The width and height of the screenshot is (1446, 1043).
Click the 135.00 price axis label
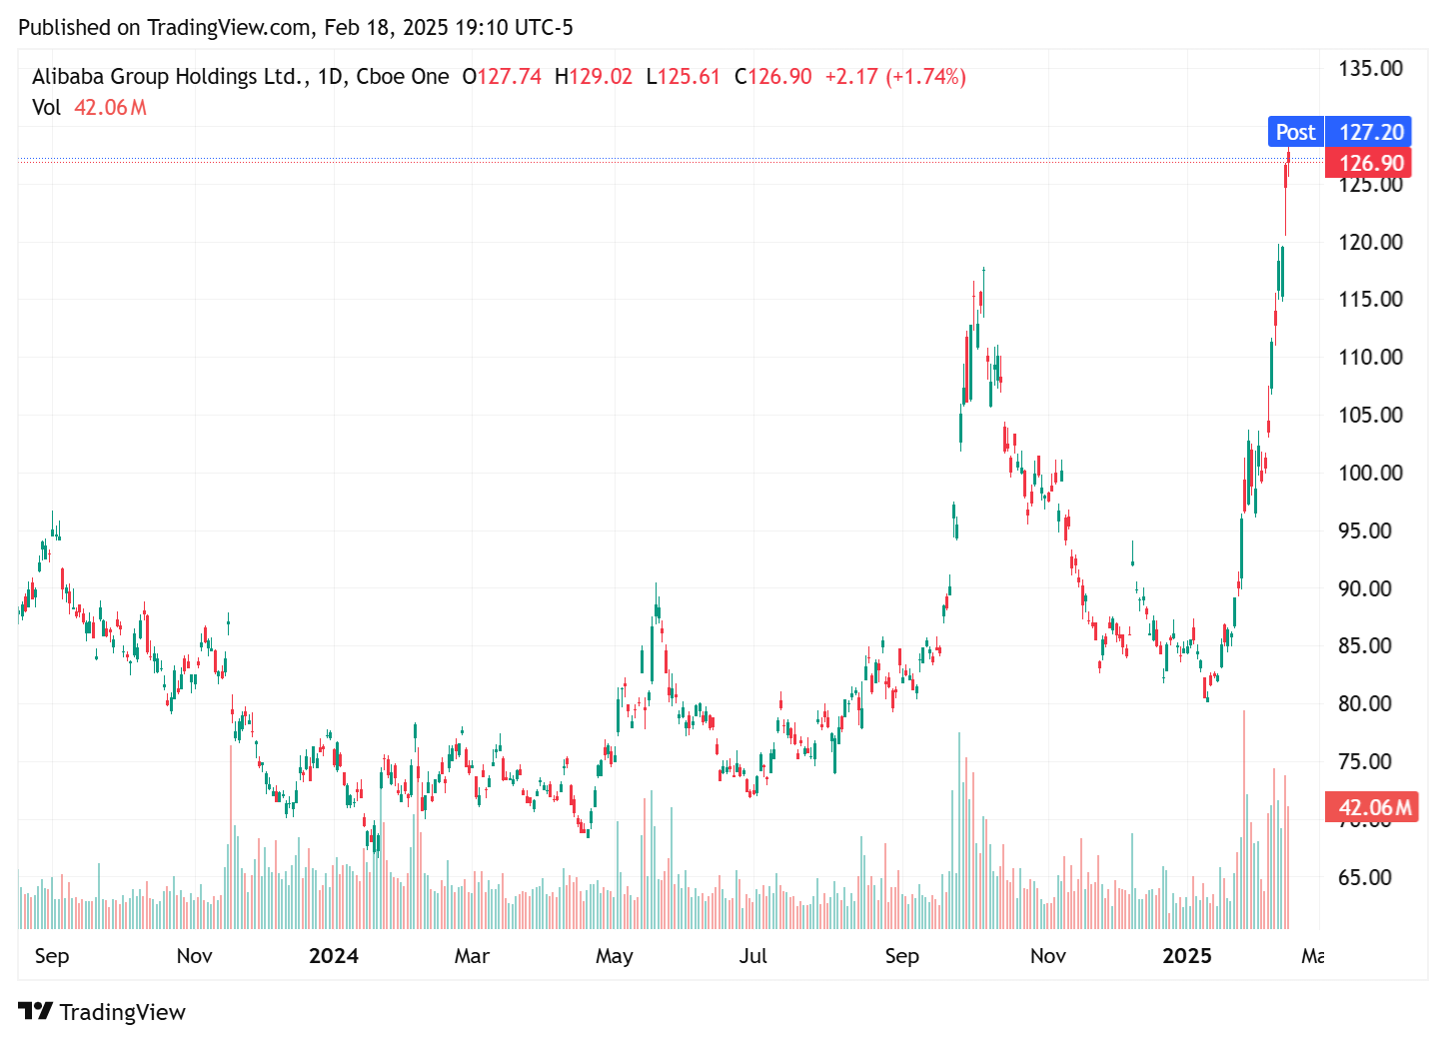point(1370,69)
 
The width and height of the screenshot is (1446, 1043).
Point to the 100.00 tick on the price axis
point(1370,473)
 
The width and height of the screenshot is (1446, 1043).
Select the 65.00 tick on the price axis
point(1364,877)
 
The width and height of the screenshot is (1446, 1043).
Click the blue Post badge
point(1295,132)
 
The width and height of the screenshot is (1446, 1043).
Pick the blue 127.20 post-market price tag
point(1371,132)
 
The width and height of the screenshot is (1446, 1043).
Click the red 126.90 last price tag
point(1371,163)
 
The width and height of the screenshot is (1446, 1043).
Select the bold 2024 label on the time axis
point(333,956)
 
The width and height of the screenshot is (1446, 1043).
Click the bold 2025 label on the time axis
point(1186,956)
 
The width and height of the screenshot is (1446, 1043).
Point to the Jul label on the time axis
point(752,956)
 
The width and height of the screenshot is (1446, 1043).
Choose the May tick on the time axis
point(614,956)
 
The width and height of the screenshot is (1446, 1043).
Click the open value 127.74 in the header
point(509,77)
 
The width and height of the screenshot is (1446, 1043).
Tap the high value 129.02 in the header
point(601,77)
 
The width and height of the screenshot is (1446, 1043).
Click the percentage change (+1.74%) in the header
point(925,77)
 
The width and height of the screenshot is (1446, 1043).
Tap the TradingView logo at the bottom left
point(102,1012)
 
